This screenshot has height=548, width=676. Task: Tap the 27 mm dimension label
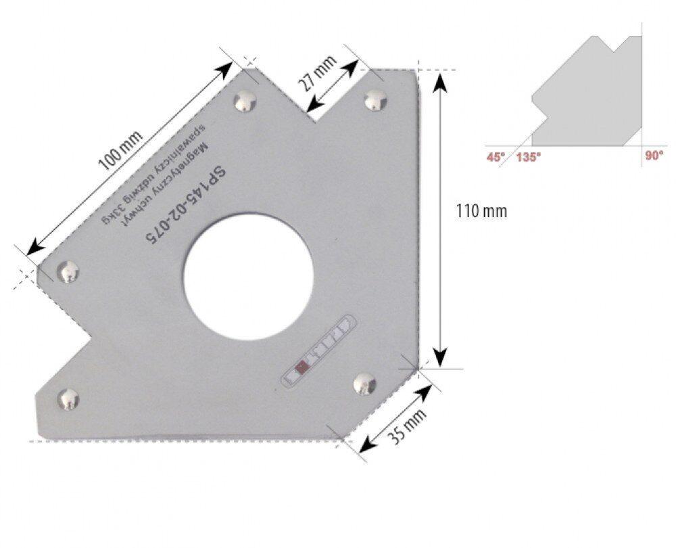click(x=318, y=73)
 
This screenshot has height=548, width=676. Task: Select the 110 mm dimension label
click(x=481, y=212)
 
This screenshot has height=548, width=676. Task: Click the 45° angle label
click(x=496, y=157)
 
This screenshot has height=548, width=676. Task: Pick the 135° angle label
click(x=529, y=157)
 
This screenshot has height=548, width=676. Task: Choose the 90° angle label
click(x=654, y=156)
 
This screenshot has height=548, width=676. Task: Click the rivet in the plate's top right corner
click(x=375, y=101)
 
